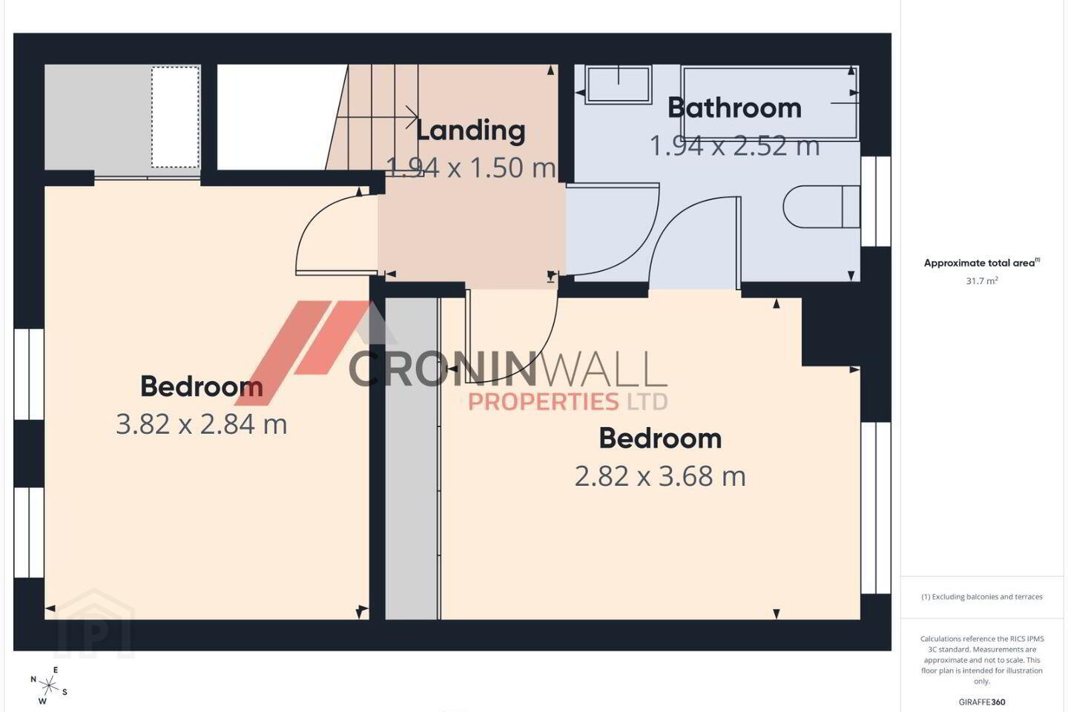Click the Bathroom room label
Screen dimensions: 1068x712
click(734, 108)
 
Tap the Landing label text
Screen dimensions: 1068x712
click(470, 131)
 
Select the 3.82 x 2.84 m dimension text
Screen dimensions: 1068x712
click(202, 424)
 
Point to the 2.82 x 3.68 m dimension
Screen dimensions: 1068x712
click(660, 476)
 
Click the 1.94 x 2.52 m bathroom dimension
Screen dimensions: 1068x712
click(735, 145)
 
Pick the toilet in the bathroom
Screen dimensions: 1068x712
click(821, 206)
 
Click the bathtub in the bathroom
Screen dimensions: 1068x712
click(770, 102)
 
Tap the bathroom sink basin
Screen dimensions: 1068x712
click(619, 84)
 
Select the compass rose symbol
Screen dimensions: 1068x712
click(49, 686)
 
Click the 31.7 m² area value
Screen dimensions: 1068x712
click(982, 281)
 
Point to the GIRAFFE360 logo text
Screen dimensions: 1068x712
click(982, 702)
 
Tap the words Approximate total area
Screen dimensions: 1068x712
click(979, 263)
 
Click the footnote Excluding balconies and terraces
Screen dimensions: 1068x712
click(982, 596)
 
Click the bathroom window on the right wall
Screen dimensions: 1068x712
click(876, 201)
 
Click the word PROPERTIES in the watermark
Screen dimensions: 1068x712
click(543, 401)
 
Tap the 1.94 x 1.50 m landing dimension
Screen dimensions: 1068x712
click(470, 168)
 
